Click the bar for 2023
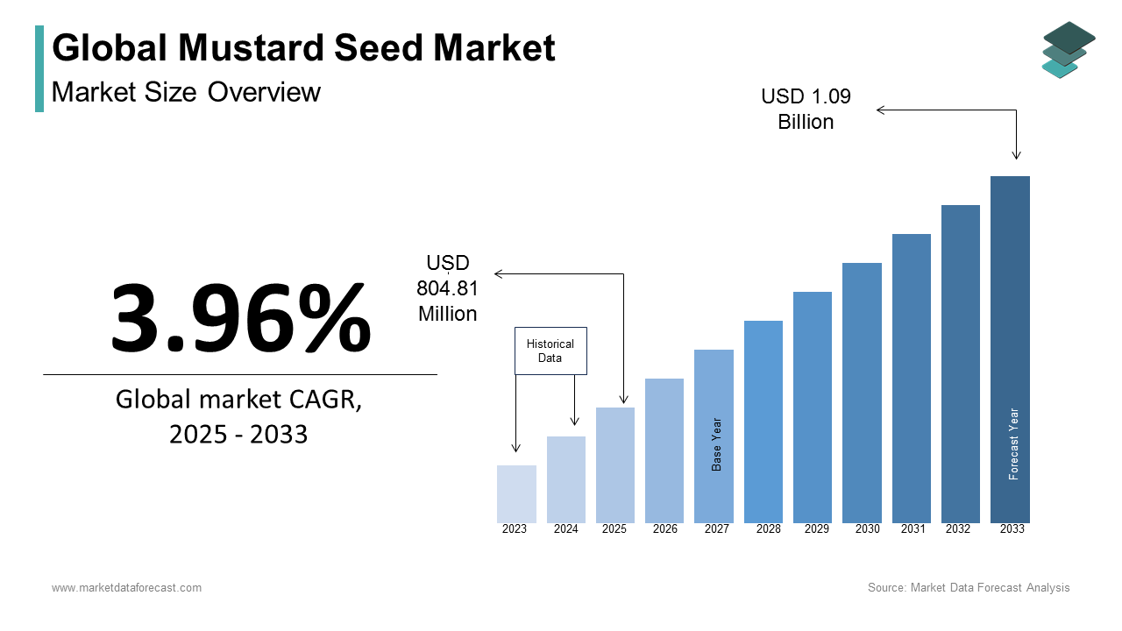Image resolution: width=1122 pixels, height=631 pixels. (x=516, y=494)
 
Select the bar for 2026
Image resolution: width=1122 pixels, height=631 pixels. (x=664, y=450)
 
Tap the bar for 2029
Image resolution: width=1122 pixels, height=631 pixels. (x=813, y=408)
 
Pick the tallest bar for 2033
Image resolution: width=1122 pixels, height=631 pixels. (x=1010, y=350)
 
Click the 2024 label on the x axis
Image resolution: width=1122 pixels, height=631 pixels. (x=565, y=529)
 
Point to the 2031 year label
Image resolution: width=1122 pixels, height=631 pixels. (x=913, y=529)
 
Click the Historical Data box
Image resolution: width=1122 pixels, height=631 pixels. (x=550, y=351)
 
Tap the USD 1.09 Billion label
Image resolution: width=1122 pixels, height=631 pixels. (x=806, y=109)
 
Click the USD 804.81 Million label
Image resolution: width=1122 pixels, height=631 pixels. (x=448, y=288)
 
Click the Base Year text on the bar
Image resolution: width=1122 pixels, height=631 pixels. (x=717, y=444)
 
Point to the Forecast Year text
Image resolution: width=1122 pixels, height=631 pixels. (x=1014, y=443)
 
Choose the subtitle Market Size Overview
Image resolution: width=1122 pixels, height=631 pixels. (x=186, y=92)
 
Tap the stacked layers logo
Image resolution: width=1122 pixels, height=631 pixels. (x=1068, y=50)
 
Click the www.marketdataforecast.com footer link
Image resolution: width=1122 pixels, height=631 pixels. (x=126, y=588)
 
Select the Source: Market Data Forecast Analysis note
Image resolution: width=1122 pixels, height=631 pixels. (x=969, y=588)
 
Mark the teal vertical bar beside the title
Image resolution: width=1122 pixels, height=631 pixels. (x=39, y=68)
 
